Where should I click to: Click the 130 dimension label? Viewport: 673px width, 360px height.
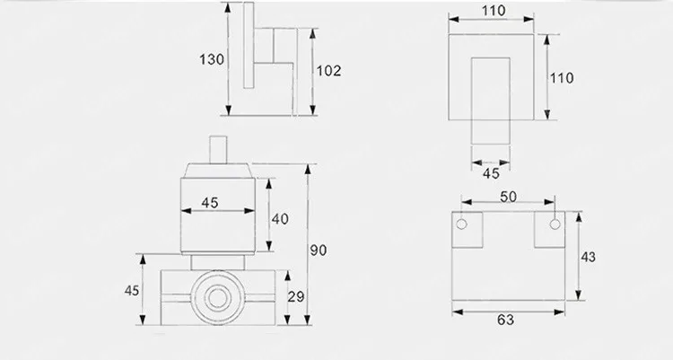click(211, 59)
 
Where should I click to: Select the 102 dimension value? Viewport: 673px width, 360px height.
click(329, 70)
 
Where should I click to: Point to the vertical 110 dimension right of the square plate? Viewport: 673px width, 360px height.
click(561, 78)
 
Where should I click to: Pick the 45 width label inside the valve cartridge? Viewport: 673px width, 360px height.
click(209, 203)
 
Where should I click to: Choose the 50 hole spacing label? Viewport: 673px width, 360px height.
click(508, 197)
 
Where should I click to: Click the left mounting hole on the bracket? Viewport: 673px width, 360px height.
click(463, 223)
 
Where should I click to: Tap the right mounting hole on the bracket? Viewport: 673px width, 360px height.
click(555, 223)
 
